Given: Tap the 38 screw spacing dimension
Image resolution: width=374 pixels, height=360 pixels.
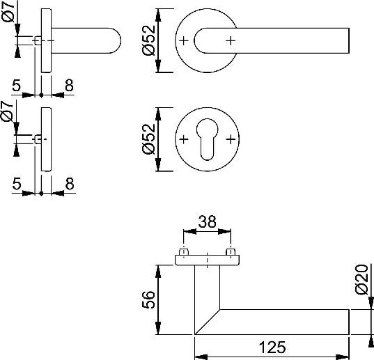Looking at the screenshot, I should (207, 222).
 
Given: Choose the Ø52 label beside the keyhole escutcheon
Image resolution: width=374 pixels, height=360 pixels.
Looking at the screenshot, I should (148, 140).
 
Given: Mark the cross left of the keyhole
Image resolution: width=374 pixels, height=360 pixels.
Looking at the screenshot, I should (183, 140).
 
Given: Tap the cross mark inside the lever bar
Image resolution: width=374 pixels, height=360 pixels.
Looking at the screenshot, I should (231, 41).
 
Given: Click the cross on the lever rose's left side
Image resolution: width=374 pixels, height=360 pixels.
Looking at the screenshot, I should (183, 41).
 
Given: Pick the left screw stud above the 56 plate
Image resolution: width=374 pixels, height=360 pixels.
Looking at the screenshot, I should (185, 251).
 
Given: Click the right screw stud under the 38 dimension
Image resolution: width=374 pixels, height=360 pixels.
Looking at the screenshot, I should (231, 251).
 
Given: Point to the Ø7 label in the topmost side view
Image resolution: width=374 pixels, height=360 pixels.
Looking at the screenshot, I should (8, 13).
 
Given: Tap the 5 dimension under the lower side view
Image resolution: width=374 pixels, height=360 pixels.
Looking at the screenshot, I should (16, 183).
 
